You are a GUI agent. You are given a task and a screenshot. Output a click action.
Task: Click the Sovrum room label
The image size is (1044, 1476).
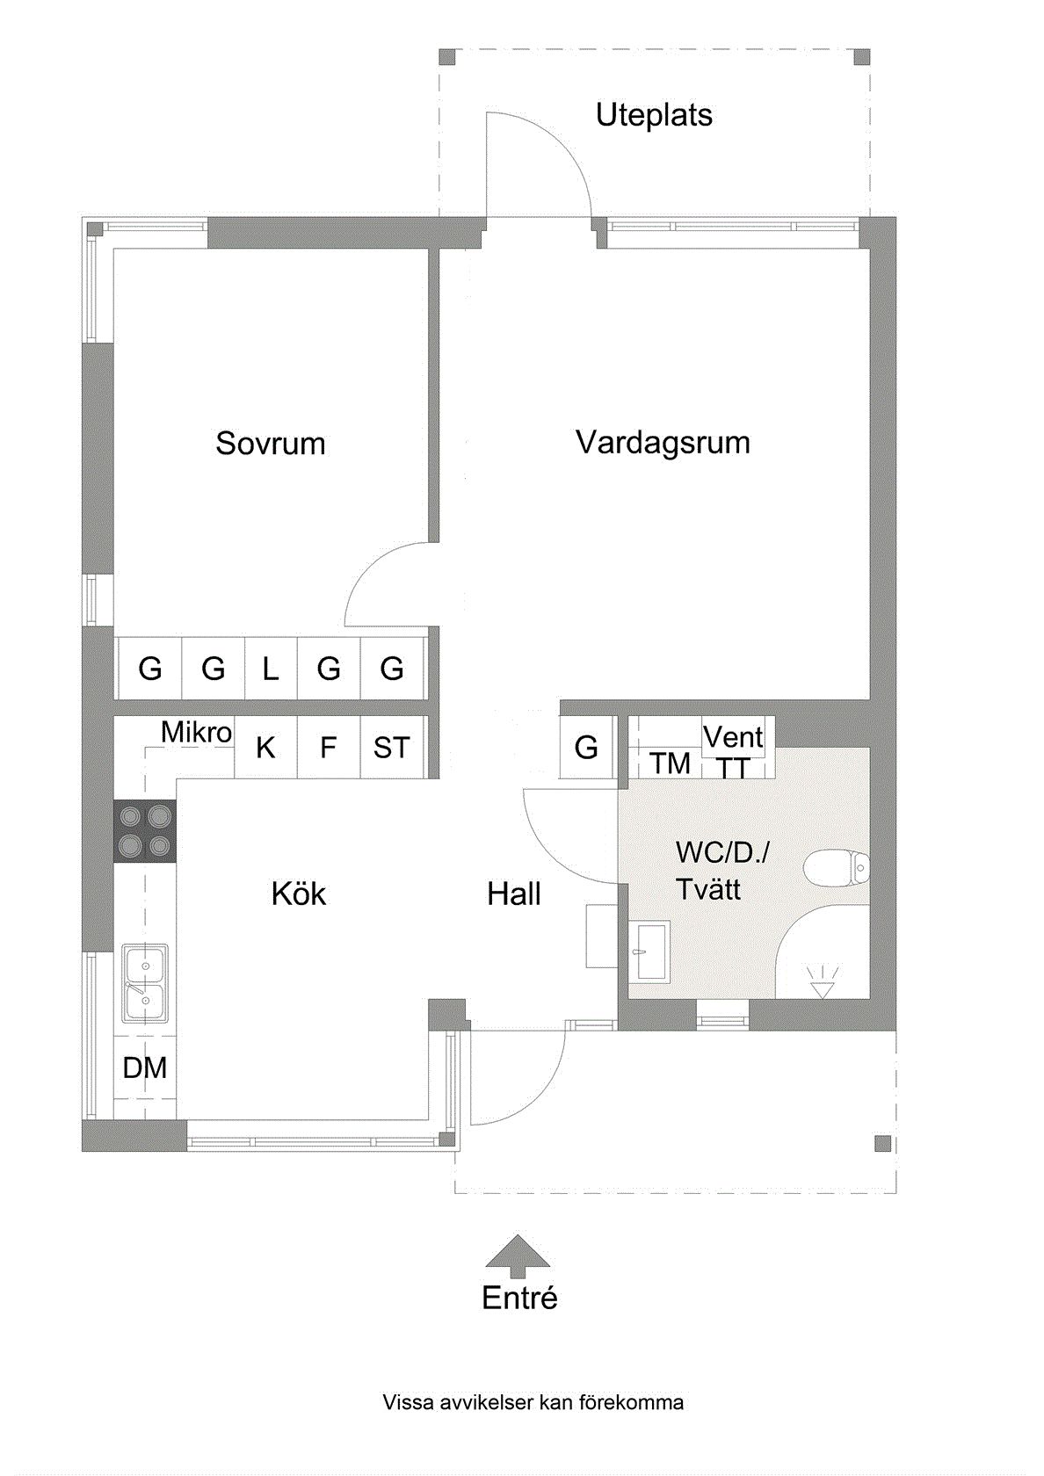271,444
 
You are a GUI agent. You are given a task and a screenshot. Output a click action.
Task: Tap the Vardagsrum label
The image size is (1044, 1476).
663,443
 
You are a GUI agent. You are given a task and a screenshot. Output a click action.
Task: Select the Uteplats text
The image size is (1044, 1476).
654,115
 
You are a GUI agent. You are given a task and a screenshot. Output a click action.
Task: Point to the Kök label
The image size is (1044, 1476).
299,894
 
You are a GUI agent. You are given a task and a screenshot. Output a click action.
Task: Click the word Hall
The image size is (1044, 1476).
514,894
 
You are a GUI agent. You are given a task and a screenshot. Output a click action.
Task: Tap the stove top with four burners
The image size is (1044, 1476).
145,831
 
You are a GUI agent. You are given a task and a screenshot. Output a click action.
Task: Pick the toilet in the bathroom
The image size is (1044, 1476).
837,868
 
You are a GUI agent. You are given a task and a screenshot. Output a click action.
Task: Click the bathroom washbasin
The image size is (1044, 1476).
649,951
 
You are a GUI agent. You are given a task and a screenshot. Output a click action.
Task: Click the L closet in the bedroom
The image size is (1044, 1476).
271,669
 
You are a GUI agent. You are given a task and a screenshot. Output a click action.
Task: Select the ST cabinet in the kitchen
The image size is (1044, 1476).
392,748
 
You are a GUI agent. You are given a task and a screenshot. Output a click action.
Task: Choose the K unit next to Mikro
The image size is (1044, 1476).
265,748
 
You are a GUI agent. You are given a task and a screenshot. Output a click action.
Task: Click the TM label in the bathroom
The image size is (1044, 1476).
671,763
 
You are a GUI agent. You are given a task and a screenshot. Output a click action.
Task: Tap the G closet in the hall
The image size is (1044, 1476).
586,748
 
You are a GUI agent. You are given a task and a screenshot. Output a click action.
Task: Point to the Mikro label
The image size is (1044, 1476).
197,732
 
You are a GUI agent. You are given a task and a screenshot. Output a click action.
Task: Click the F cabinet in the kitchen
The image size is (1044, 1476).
329,748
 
